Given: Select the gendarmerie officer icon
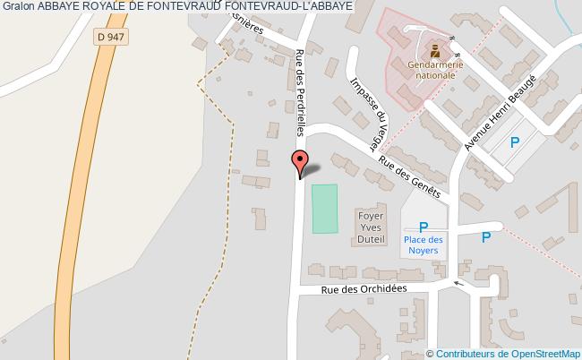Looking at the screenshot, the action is (x=434, y=49).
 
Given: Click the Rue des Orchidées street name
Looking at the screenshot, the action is (x=364, y=288).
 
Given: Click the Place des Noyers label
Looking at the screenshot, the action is (x=423, y=244).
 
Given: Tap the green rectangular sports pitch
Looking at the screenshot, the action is (x=325, y=209).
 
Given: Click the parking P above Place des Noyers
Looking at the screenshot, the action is (x=424, y=227).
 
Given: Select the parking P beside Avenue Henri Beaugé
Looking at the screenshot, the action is (x=514, y=141).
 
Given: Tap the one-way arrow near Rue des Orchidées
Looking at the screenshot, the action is (x=459, y=285).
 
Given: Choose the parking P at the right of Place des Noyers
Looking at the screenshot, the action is (x=485, y=237).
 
